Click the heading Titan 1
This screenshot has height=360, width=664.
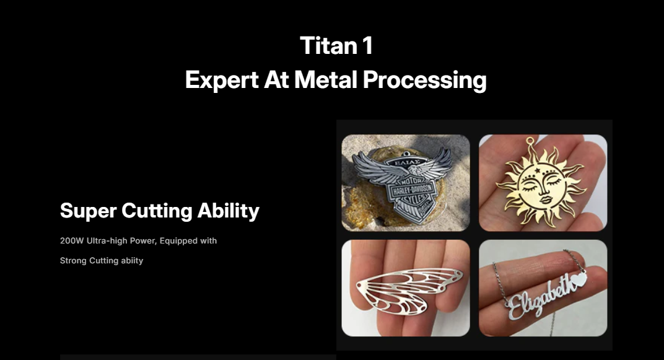336,45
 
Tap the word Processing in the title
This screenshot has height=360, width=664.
425,81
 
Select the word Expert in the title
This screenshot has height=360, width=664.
222,80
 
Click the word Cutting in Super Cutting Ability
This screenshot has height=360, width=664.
157,211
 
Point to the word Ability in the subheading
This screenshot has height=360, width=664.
228,211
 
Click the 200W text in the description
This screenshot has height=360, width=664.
72,240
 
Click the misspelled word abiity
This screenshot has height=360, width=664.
132,260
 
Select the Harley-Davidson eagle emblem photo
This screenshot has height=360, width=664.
406,183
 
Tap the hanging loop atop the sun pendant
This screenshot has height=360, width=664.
530,140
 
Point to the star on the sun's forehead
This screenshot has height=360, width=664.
538,170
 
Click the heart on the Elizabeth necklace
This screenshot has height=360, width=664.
579,279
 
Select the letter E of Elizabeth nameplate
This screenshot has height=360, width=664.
515,307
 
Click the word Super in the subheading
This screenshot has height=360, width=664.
88,211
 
